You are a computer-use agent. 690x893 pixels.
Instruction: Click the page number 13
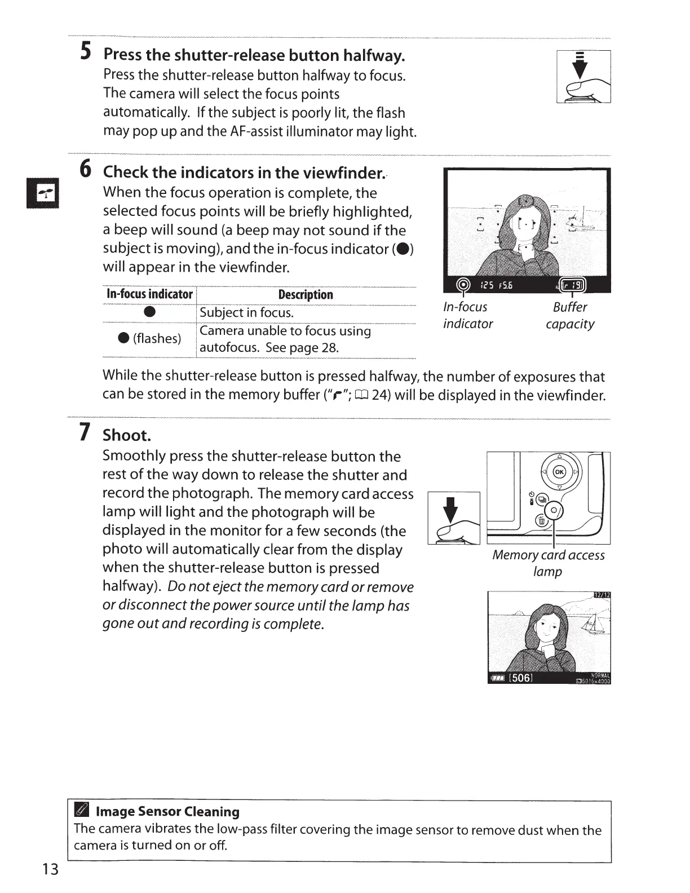pyautogui.click(x=50, y=869)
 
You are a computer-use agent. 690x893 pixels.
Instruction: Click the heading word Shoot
pyautogui.click(x=127, y=435)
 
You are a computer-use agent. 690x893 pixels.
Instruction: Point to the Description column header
pyautogui.click(x=306, y=294)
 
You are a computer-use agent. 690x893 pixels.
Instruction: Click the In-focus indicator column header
pyautogui.click(x=149, y=294)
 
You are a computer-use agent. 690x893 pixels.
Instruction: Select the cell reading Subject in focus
pyautogui.click(x=247, y=312)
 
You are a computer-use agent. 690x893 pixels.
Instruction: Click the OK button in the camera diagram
pyautogui.click(x=559, y=472)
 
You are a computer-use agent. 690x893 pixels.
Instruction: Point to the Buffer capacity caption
pyautogui.click(x=570, y=315)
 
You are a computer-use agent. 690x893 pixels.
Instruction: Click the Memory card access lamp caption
pyautogui.click(x=548, y=563)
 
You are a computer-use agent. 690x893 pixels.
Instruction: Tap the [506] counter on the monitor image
pyautogui.click(x=520, y=678)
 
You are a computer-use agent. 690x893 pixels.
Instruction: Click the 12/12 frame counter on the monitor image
pyautogui.click(x=603, y=595)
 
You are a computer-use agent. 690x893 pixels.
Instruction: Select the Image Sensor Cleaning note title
pyautogui.click(x=167, y=811)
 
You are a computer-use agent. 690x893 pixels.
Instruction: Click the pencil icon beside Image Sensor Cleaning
pyautogui.click(x=81, y=811)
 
